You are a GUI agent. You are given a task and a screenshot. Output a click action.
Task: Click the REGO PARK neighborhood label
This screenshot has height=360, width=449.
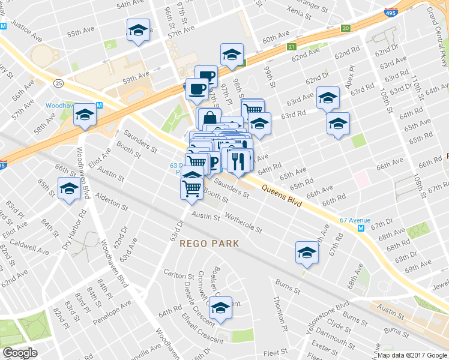tap(209, 244)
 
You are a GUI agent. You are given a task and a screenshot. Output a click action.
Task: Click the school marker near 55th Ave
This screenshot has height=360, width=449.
tap(138, 30)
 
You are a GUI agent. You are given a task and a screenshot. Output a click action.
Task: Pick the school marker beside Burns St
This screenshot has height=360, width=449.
tap(306, 252)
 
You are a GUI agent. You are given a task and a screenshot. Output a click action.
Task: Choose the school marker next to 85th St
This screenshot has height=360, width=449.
tap(70, 189)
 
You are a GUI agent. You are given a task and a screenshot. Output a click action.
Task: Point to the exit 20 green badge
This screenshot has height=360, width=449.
tap(345, 28)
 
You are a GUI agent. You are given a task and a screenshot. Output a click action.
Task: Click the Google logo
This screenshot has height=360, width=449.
tap(20, 353)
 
